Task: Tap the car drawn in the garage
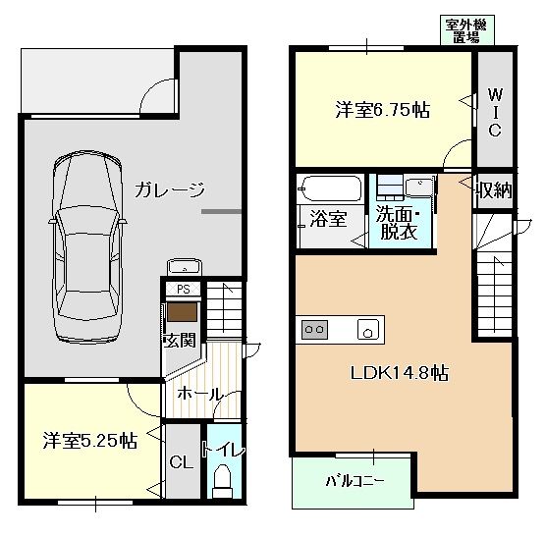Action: [88, 244]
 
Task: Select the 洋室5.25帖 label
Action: [88, 441]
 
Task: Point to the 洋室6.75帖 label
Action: [381, 109]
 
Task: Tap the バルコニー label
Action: [355, 482]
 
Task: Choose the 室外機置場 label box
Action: [466, 31]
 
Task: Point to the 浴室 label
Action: [328, 219]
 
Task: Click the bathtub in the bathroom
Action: [331, 188]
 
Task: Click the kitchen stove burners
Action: [315, 330]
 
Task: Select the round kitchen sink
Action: [369, 330]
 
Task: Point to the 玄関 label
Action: [180, 341]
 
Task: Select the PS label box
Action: [182, 290]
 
